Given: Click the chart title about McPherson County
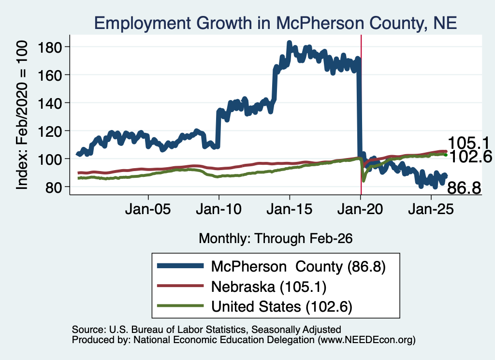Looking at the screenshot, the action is coord(276,23).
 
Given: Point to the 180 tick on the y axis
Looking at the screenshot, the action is coord(49,47).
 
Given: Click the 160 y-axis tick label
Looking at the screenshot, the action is coord(49,75).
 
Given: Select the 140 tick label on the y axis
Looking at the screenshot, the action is coord(49,103).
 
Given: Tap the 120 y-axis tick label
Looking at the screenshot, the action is coord(49,131).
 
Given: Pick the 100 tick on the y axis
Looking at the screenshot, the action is coord(49,159).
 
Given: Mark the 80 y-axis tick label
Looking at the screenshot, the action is coord(53,187).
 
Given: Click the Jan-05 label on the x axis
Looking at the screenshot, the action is coord(148,209).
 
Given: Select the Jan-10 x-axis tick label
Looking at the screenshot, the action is coord(219,209).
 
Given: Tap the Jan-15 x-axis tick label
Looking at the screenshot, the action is coord(290,209).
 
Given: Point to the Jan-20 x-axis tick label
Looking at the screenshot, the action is coord(360,209).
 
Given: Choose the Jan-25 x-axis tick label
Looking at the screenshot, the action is coord(431,209).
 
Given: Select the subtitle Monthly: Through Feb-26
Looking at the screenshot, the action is coord(276,238).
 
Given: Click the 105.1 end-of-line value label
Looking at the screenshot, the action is coord(468,143).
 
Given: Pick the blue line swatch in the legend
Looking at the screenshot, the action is coord(180,266).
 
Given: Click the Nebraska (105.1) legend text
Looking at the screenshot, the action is coord(269,287).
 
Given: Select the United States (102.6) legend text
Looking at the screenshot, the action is coord(282,307).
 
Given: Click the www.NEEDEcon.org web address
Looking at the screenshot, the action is coord(366,340).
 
